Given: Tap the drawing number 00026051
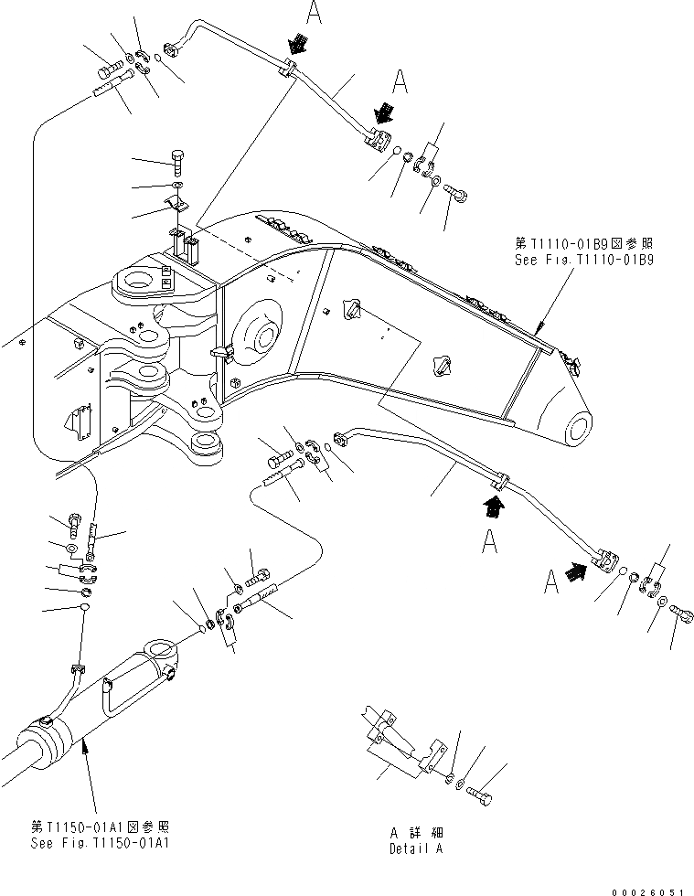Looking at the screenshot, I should pos(648,888).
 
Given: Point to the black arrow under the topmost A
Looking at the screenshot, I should pos(299,43).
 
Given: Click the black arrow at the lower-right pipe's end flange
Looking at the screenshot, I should pos(577,573).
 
